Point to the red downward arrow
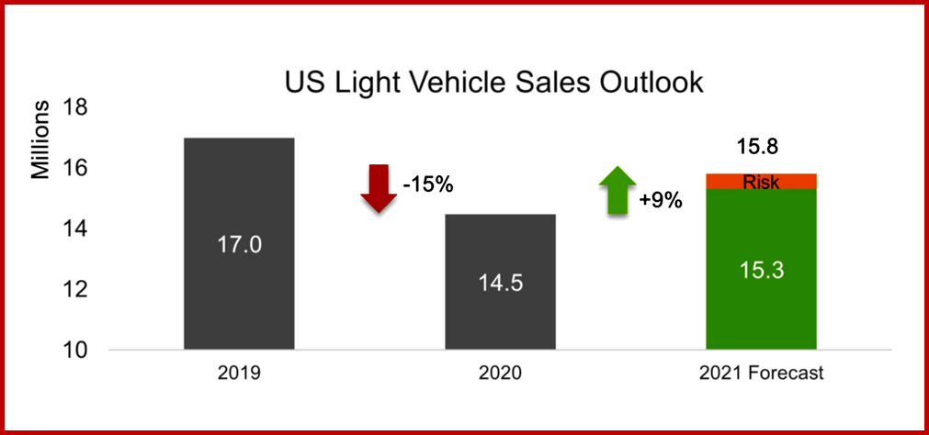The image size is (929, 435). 378,188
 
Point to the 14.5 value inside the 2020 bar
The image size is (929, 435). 500,283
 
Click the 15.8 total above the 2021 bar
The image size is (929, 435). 759,146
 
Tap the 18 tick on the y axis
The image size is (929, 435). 74,107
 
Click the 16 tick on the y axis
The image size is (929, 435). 74,168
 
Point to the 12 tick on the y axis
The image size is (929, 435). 74,289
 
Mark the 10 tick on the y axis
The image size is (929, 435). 74,350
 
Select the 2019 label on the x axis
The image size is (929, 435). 240,374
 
